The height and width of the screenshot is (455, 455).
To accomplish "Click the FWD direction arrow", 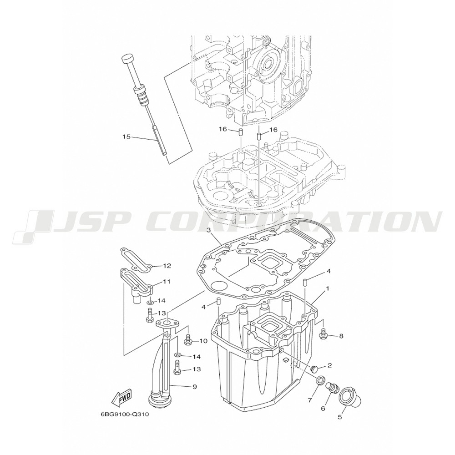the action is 121,397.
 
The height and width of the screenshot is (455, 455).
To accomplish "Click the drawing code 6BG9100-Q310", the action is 125,415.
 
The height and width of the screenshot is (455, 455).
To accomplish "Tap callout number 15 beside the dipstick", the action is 127,136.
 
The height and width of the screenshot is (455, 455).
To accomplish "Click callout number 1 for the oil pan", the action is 328,289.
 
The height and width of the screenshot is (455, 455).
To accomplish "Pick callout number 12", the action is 167,266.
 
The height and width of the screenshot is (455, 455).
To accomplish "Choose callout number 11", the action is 167,282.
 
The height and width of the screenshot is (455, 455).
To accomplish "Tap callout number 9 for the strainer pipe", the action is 195,386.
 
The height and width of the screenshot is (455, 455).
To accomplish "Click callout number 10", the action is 203,341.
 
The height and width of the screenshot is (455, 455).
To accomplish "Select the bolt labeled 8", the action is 323,334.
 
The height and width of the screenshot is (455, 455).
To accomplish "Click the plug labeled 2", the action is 314,369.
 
